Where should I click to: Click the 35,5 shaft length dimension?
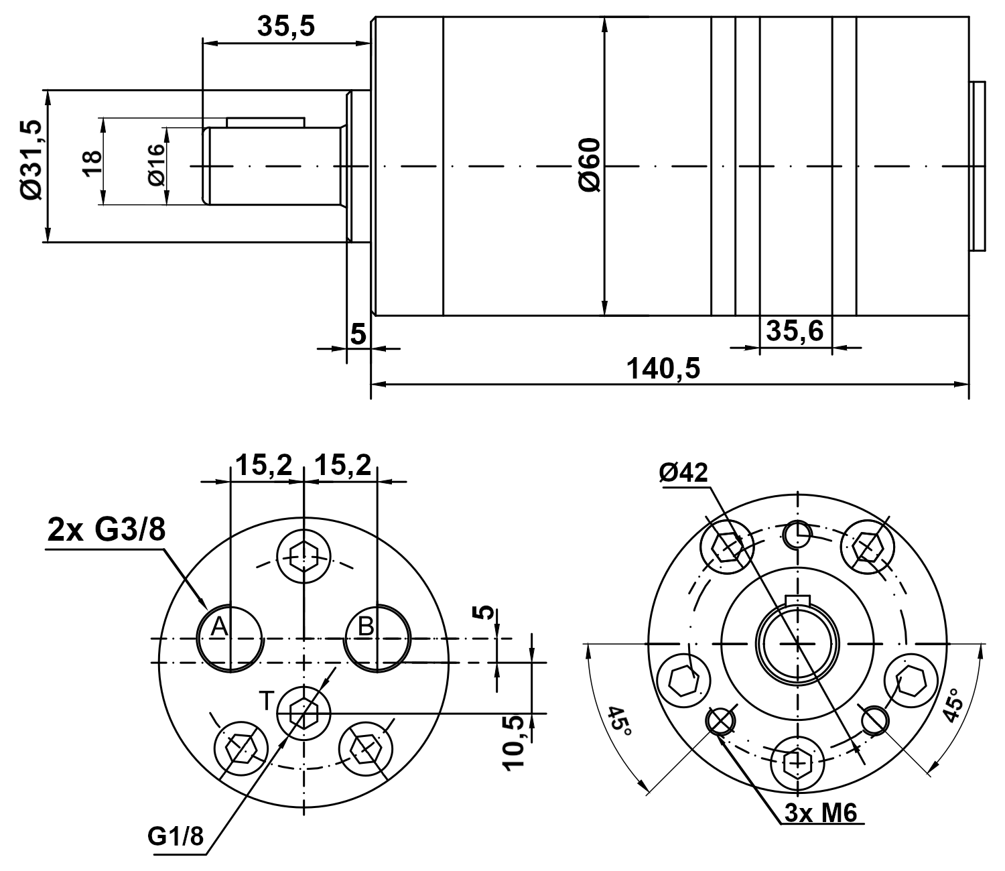(285, 27)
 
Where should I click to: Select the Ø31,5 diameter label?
(31, 160)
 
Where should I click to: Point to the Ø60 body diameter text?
(590, 165)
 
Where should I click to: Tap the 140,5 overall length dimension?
(663, 368)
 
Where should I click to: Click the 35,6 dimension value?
(795, 330)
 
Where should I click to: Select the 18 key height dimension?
(92, 163)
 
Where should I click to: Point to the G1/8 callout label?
(176, 836)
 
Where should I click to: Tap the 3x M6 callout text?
(820, 813)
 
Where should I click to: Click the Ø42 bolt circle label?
(683, 473)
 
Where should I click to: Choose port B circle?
(378, 637)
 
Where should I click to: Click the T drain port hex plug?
(304, 714)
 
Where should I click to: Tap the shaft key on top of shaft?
(265, 122)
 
